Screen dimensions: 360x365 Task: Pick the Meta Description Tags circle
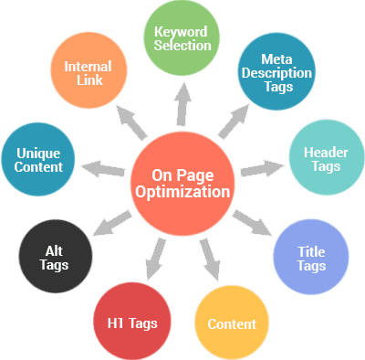tap(276, 73)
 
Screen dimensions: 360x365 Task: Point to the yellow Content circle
tap(232, 323)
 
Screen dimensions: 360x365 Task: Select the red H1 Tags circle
tap(132, 322)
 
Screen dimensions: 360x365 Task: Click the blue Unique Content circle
tap(38, 160)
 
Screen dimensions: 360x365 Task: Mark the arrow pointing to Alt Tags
tap(114, 220)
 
